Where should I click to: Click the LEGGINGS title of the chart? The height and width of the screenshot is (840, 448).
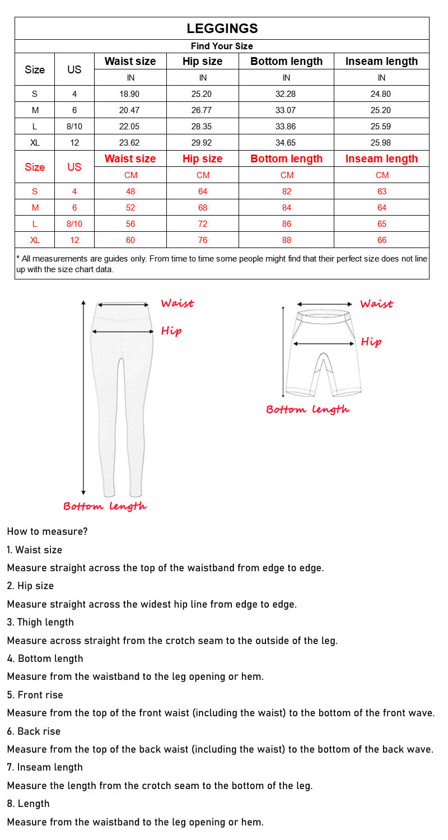(x=222, y=29)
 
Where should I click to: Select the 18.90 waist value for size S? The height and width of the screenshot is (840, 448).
(x=130, y=94)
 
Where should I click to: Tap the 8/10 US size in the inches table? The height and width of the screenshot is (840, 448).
(x=74, y=127)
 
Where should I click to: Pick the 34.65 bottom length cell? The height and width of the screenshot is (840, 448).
(x=286, y=143)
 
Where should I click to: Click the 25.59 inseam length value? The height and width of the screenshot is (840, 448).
(x=381, y=127)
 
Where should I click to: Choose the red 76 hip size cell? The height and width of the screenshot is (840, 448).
(x=203, y=240)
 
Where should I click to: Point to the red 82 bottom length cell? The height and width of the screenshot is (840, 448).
(x=287, y=192)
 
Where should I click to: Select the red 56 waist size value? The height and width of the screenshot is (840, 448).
(x=130, y=224)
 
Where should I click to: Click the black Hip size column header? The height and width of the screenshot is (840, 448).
(x=203, y=62)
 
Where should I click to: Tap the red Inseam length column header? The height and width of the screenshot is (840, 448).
(x=381, y=159)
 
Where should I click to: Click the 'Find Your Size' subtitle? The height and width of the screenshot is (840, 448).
(x=222, y=46)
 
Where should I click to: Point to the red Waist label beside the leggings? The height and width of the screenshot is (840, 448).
(x=177, y=304)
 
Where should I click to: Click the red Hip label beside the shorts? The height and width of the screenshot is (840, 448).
(x=371, y=342)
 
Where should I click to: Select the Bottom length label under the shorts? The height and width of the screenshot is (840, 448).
(x=307, y=409)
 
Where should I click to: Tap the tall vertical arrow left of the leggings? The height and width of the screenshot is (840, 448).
(x=83, y=398)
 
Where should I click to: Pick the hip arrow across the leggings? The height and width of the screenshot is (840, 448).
(x=123, y=332)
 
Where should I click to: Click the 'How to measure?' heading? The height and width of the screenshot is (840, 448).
(x=48, y=531)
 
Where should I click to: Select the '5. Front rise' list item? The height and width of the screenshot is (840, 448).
(x=35, y=695)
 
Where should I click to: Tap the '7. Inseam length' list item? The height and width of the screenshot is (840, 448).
(x=45, y=767)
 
